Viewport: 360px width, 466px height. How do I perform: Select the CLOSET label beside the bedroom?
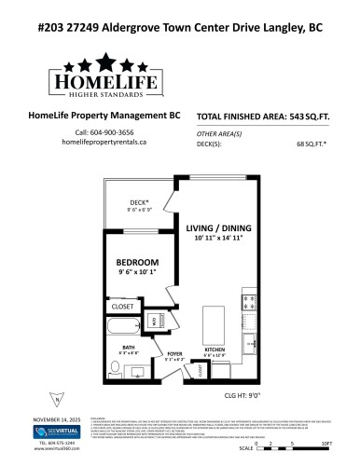click(x=123, y=306)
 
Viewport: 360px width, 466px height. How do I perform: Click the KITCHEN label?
click(x=216, y=350)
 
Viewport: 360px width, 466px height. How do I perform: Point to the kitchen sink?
click(x=250, y=345)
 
